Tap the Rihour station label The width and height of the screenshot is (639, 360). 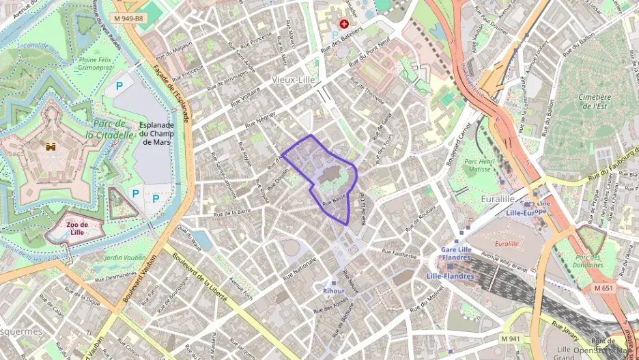coord(333,290)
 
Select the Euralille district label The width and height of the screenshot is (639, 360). coord(479,197)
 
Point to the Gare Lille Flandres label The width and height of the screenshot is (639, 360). coord(457,254)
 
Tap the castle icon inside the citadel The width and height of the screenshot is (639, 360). coord(51,146)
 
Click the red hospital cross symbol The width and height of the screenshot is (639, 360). coord(343,23)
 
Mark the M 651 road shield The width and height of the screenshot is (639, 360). coord(603,288)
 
